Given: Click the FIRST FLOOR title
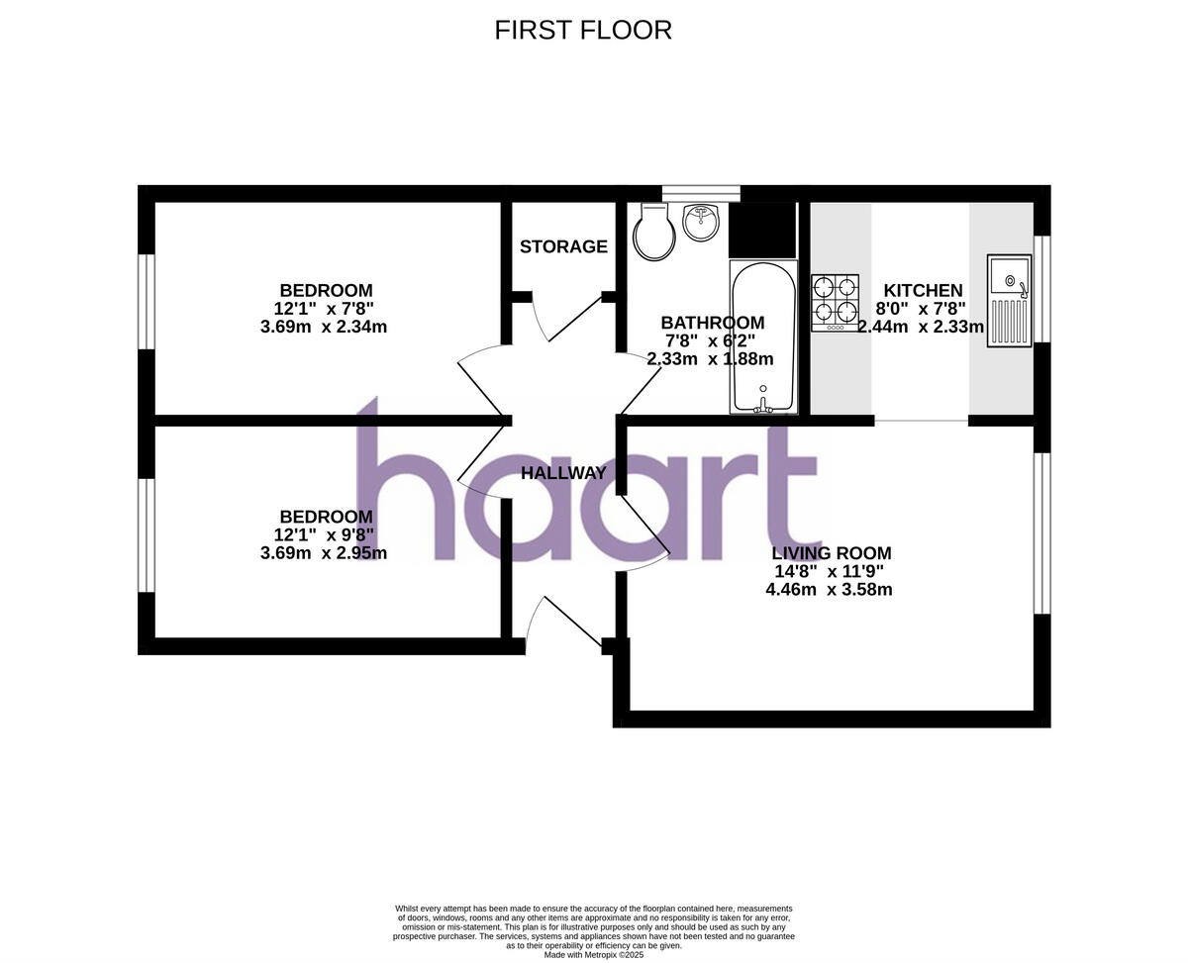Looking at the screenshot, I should pos(583,30).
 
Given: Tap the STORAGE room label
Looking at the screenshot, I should pos(563,246).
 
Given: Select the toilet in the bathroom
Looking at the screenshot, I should pos(653,233).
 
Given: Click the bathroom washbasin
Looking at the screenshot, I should pos(702,222).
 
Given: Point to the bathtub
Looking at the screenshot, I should pos(762,337).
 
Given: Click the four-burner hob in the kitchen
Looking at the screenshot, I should pos(835,302).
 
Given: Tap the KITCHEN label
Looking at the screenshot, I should pos(923,290).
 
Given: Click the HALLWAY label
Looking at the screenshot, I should pos(563,473).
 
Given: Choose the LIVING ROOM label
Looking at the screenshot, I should pos(832,553).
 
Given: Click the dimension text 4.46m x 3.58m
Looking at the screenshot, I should pos(829,590).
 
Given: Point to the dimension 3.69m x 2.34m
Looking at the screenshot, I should pos(324,327).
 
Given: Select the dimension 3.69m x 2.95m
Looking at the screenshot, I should pos(324,553).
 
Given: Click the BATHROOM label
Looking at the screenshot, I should pos(712,323).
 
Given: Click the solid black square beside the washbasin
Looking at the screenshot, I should pos(762,230).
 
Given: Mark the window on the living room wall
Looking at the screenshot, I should pos(1041,533).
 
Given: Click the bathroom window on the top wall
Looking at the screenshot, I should pos(701,193).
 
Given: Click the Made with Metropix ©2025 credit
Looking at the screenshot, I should pos(594,955).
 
